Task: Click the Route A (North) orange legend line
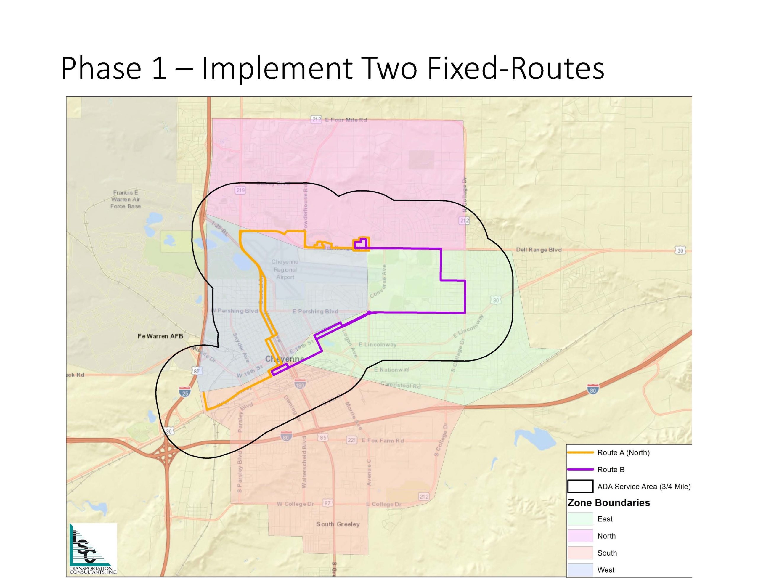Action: (x=580, y=453)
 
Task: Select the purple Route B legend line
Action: (x=580, y=470)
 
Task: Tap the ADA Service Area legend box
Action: (x=580, y=487)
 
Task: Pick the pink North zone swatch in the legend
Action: (x=580, y=536)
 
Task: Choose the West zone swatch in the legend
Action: (x=580, y=570)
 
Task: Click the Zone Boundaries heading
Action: (x=608, y=503)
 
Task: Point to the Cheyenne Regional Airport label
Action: (x=285, y=269)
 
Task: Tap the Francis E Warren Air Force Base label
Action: (x=126, y=199)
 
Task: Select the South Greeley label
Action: (x=338, y=524)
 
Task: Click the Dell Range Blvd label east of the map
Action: (x=538, y=250)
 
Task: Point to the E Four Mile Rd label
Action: (x=346, y=120)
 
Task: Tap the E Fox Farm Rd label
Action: (x=383, y=441)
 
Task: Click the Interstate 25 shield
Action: (x=185, y=392)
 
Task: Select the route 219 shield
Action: (x=240, y=190)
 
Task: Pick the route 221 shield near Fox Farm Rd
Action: (x=351, y=440)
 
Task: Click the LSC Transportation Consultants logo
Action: (x=93, y=548)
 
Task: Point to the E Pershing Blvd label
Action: (x=315, y=312)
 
